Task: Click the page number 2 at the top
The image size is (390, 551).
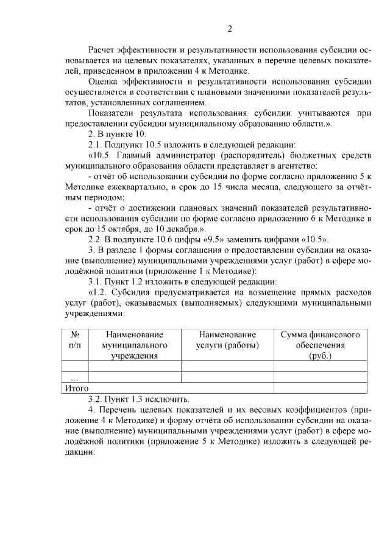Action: click(x=229, y=29)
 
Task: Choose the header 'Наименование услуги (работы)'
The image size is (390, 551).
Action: click(x=227, y=340)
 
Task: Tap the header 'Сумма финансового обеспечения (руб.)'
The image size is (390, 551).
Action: click(x=320, y=345)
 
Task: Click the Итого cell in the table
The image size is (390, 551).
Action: click(x=77, y=387)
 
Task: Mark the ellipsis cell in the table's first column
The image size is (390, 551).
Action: click(x=75, y=377)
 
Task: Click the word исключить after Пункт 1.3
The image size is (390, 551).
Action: click(x=167, y=399)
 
